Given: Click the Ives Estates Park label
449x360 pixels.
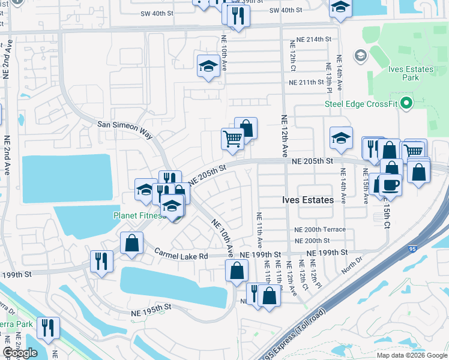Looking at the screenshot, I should (411, 73).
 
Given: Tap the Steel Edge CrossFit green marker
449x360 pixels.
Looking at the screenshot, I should (406, 103).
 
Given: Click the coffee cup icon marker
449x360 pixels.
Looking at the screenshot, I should (390, 185).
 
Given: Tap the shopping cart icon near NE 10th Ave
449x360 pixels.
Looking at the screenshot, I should (232, 139).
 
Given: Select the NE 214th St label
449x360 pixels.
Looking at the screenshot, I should (310, 39).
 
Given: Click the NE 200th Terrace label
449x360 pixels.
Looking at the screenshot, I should (320, 230).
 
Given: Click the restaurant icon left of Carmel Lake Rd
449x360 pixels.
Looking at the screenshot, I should (101, 261).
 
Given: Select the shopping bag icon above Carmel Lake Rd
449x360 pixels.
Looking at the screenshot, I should (131, 244).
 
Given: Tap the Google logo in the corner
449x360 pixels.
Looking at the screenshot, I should (20, 353).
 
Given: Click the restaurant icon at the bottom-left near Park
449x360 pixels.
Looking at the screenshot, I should (47, 328).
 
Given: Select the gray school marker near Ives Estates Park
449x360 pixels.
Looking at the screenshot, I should (360, 56).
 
